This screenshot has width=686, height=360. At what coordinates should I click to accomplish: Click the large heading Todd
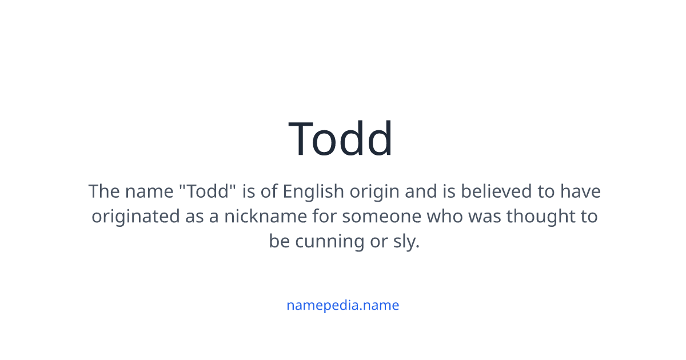click(341, 139)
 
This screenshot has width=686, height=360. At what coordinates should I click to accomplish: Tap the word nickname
click(260, 217)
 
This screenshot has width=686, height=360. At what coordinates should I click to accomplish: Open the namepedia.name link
click(342, 305)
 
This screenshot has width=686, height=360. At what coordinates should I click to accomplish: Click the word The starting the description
click(103, 191)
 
